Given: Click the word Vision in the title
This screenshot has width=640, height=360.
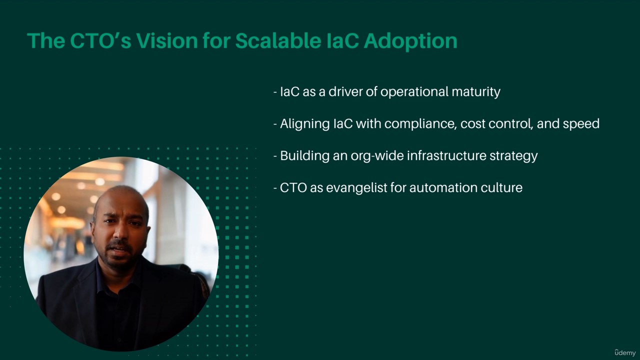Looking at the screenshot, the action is [x=167, y=40].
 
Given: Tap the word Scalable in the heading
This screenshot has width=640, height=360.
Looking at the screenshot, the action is [x=278, y=40].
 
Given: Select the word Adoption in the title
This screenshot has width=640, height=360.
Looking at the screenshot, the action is [x=410, y=41].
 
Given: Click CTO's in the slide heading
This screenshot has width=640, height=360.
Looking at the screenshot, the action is [x=100, y=40].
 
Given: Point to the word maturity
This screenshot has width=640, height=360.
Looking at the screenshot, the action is [x=476, y=91].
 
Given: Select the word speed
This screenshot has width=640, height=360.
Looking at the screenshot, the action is [x=581, y=124].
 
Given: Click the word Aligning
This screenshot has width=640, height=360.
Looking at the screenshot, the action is [x=305, y=124].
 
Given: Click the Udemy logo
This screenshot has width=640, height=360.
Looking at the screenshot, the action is [x=625, y=352].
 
